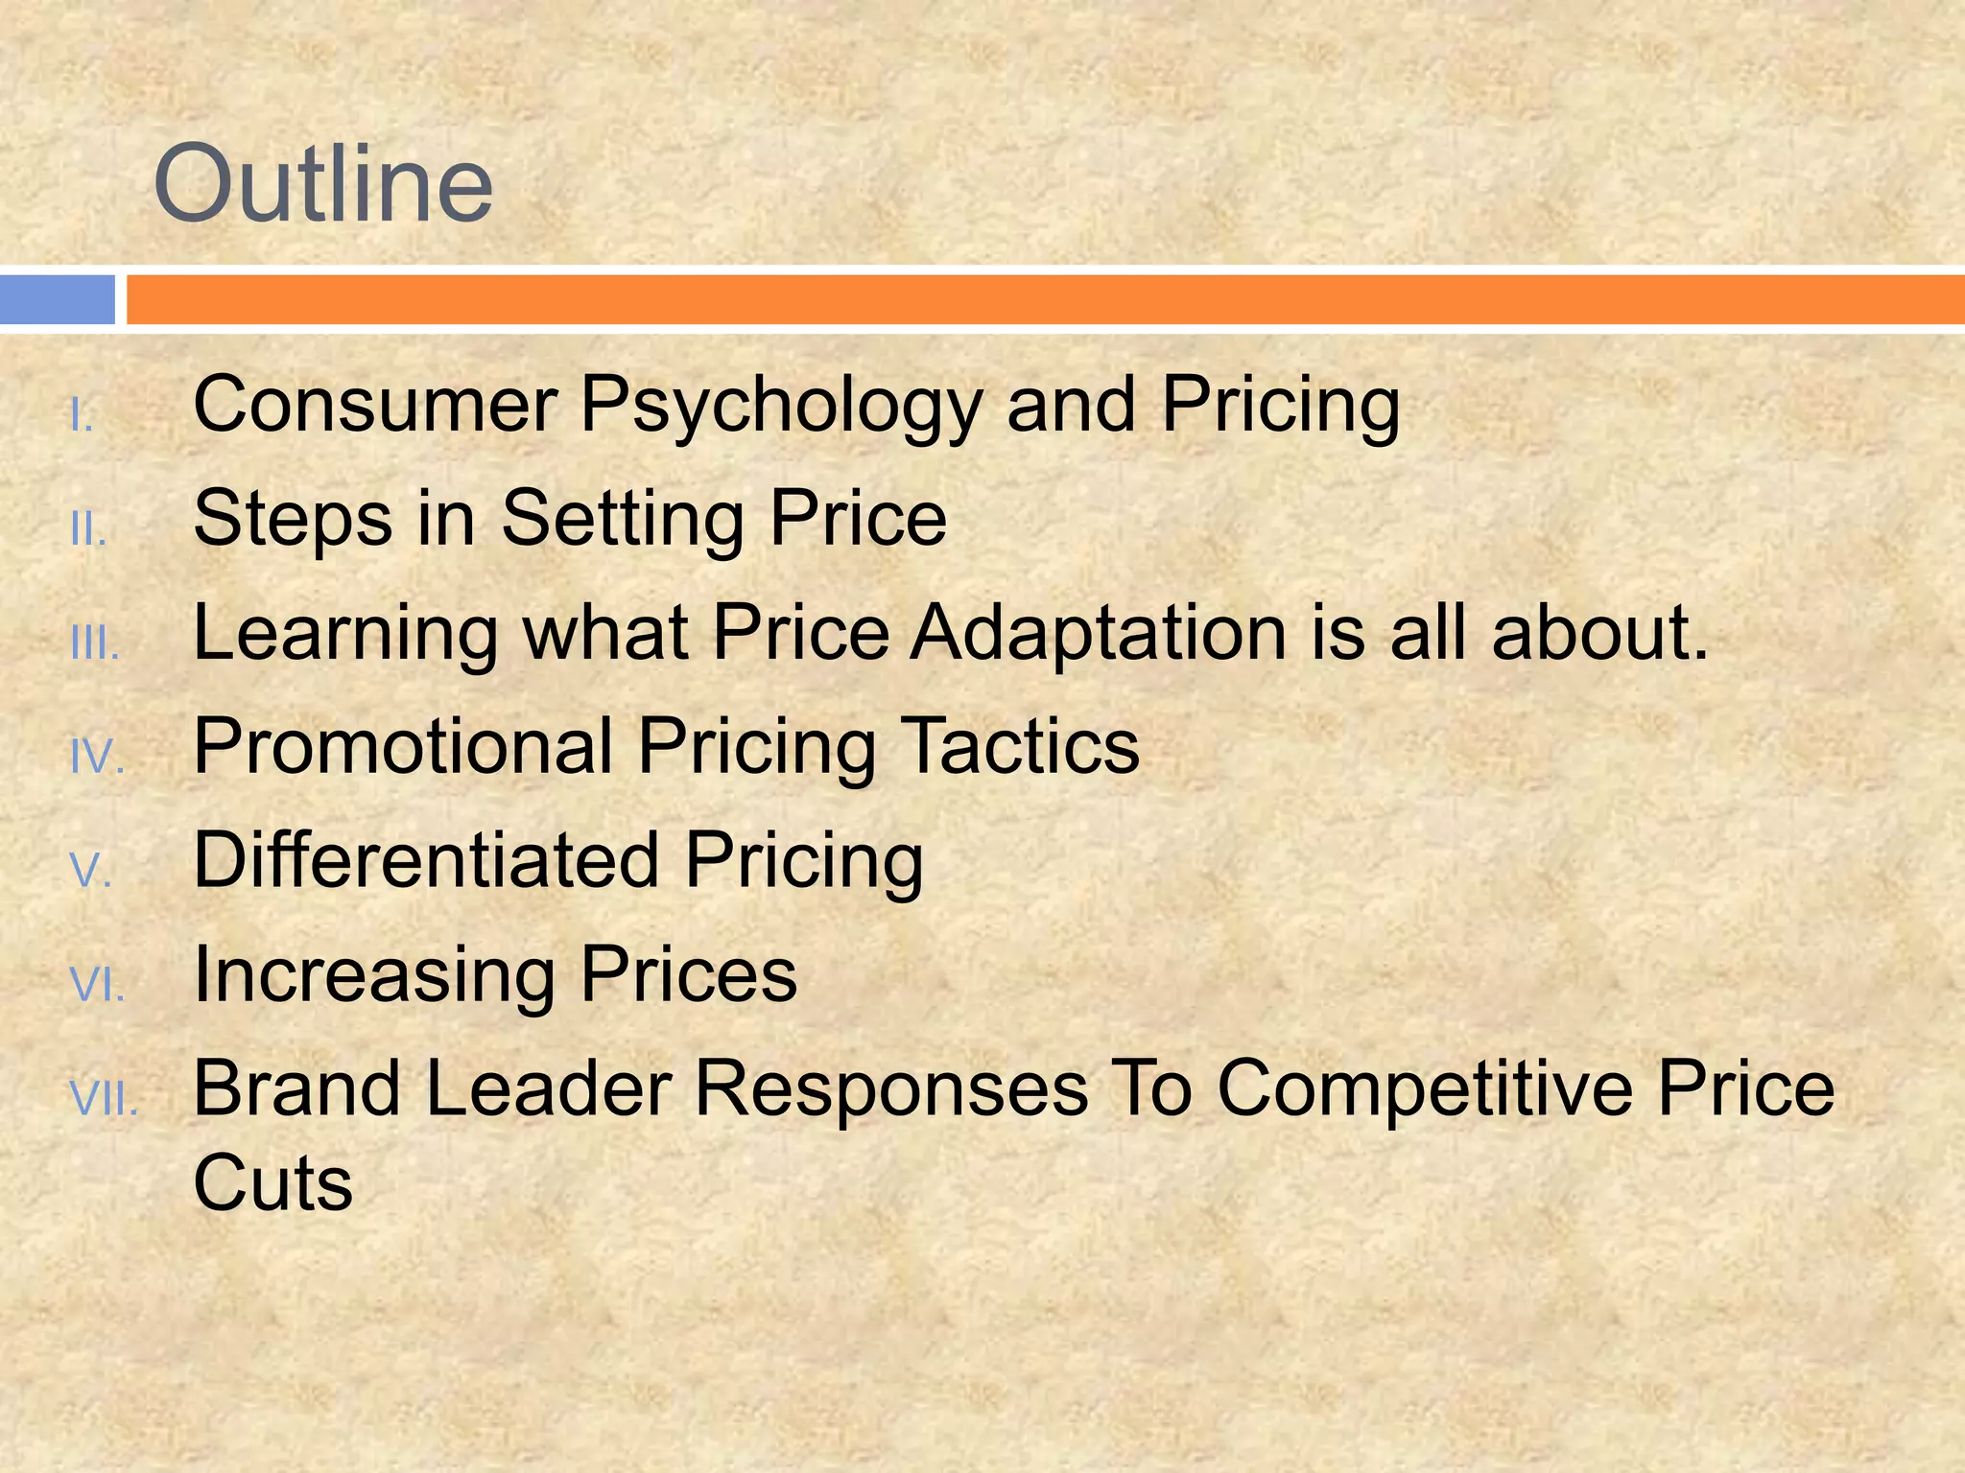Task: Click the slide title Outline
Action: [x=323, y=183]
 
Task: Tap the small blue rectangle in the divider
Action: [x=57, y=299]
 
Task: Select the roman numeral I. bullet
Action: [x=83, y=416]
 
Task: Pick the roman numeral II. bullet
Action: [x=88, y=529]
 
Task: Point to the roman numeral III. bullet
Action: [x=95, y=644]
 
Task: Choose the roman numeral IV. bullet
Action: [x=98, y=758]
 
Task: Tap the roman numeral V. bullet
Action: [x=92, y=871]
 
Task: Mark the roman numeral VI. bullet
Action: [x=98, y=985]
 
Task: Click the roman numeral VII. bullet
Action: [x=105, y=1099]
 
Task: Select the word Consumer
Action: [x=375, y=405]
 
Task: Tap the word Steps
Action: [x=293, y=520]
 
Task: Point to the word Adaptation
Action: [x=1098, y=634]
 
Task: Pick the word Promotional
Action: [x=403, y=747]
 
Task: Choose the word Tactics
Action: [x=1022, y=747]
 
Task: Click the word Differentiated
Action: [x=426, y=860]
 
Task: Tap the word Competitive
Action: [x=1425, y=1089]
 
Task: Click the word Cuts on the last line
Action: [x=273, y=1183]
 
